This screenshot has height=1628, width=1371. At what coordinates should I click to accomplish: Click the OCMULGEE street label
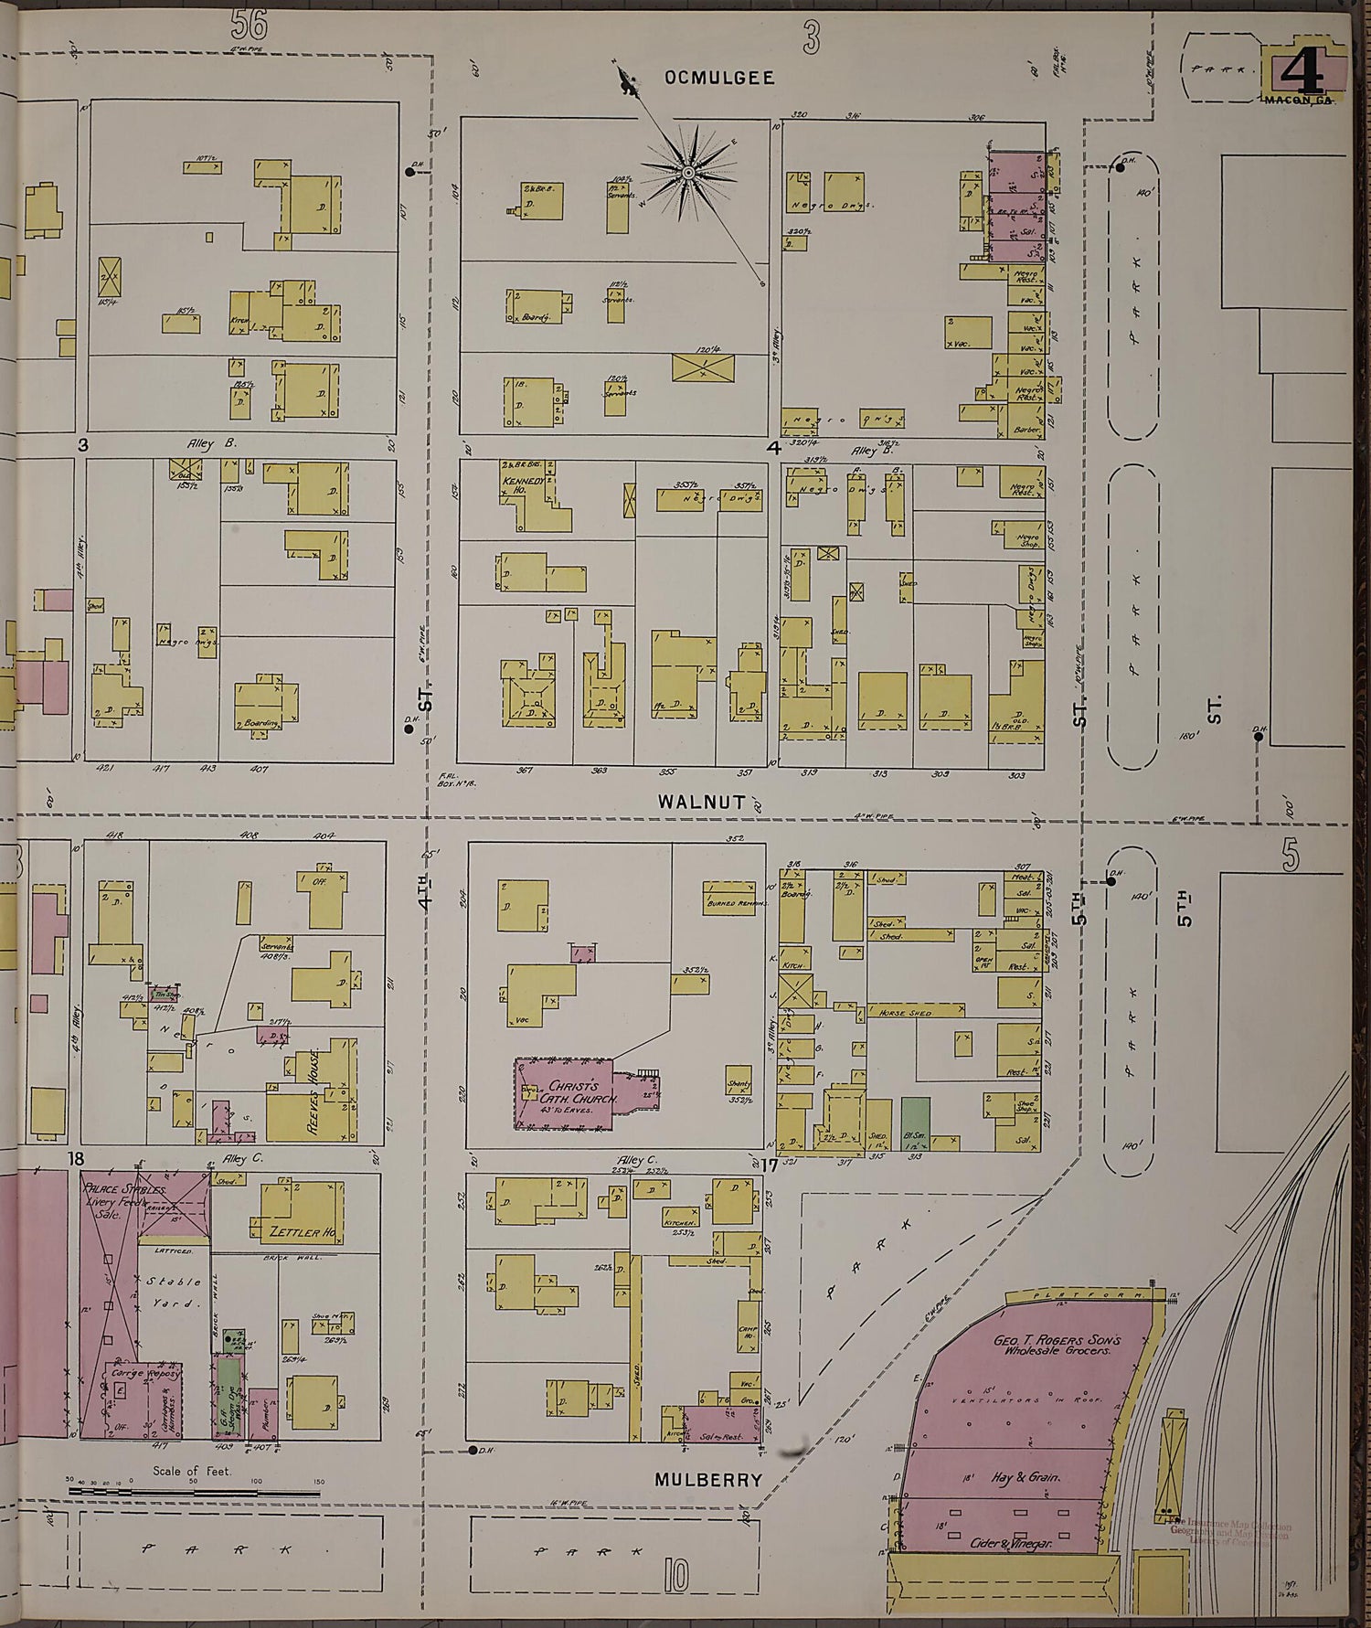point(719,79)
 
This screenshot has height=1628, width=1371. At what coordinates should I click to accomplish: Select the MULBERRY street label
point(707,1479)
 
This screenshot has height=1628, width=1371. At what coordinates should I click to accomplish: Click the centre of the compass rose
point(687,172)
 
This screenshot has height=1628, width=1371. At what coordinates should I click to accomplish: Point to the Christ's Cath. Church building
point(567,1092)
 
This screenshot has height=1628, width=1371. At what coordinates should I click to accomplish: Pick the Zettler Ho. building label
point(301,1232)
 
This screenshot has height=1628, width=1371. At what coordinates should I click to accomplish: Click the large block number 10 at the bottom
point(676,1575)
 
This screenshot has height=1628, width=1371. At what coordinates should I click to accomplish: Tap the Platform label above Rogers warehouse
point(1085,1295)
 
